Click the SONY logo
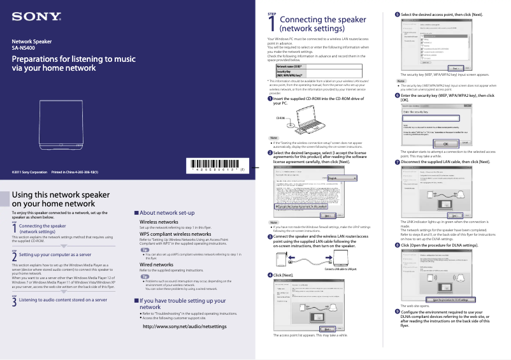click(x=34, y=15)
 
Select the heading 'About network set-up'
click(x=166, y=212)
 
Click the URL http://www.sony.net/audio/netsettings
click(x=184, y=326)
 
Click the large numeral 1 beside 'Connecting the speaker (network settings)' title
click(x=273, y=25)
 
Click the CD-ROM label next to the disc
click(x=280, y=118)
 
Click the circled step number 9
click(x=398, y=312)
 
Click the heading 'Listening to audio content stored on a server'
click(x=63, y=299)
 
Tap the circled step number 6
click(x=398, y=96)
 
